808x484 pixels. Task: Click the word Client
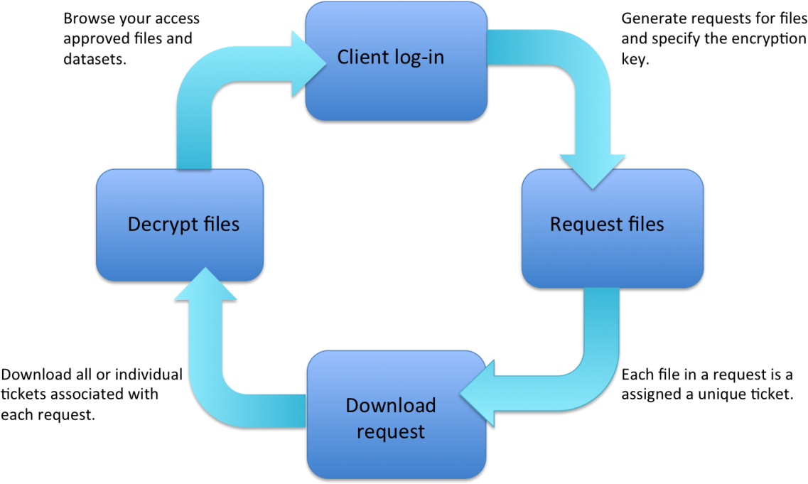[x=362, y=57]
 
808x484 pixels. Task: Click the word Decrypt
[x=158, y=225]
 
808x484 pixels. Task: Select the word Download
[x=390, y=406]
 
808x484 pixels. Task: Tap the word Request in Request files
[x=578, y=225]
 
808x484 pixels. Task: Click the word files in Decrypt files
[x=218, y=225]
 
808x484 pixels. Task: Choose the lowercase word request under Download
[x=390, y=431]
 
